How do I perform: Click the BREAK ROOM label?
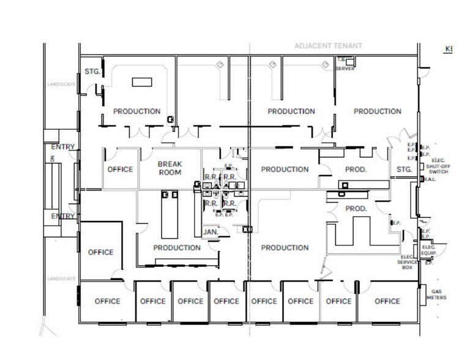tap(170, 168)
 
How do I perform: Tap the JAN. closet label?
tap(211, 233)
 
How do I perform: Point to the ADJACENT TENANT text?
tap(328, 46)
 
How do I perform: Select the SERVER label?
tap(345, 69)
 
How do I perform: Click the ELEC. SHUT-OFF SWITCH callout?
tap(439, 168)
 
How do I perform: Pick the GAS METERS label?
tap(438, 294)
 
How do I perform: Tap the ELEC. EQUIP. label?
tap(428, 250)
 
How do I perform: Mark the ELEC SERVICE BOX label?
tap(408, 262)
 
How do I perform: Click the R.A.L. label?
tap(428, 179)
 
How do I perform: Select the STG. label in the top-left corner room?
tap(92, 71)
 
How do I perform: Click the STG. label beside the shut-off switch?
tap(404, 169)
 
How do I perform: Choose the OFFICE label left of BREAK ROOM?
tap(120, 170)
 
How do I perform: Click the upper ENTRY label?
tap(63, 147)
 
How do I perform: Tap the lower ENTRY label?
tap(63, 216)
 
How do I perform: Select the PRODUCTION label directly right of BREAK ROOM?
tap(285, 170)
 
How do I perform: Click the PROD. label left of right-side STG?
tap(355, 170)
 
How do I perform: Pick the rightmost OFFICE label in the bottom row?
tap(387, 301)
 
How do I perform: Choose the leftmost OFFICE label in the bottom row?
tap(107, 301)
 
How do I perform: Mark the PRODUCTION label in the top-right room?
tap(378, 111)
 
